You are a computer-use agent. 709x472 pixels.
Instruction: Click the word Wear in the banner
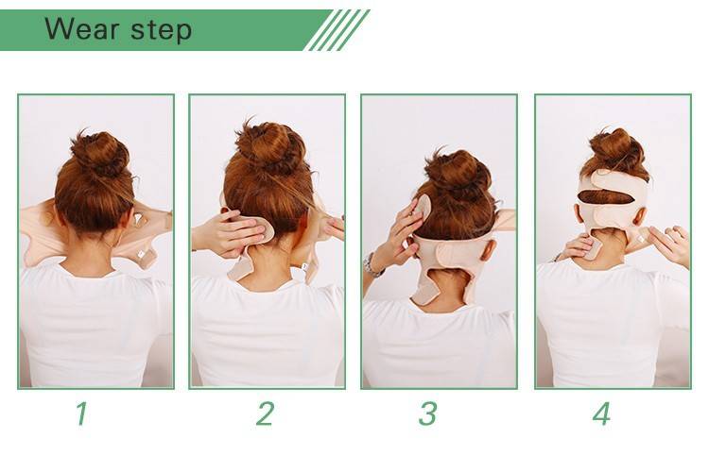tap(82, 29)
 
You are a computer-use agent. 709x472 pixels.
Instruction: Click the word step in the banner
tap(161, 31)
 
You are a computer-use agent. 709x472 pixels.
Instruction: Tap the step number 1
tap(82, 413)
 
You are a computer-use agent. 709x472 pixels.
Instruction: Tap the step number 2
tap(265, 413)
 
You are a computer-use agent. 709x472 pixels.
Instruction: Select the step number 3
tap(427, 413)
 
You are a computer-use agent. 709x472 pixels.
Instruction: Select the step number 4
tap(601, 413)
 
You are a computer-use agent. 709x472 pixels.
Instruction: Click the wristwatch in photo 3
tap(372, 265)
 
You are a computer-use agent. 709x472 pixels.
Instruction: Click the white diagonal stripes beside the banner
tap(337, 30)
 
